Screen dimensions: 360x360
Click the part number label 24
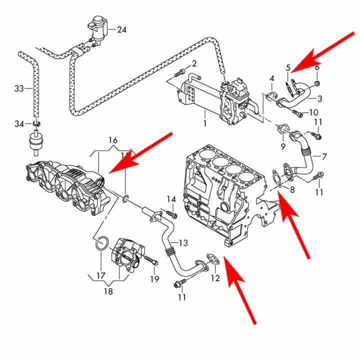pos(122,30)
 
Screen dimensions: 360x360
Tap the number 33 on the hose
pos(19,89)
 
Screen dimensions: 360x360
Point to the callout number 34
pos(19,123)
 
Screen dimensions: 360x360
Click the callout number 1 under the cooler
pos(204,122)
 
